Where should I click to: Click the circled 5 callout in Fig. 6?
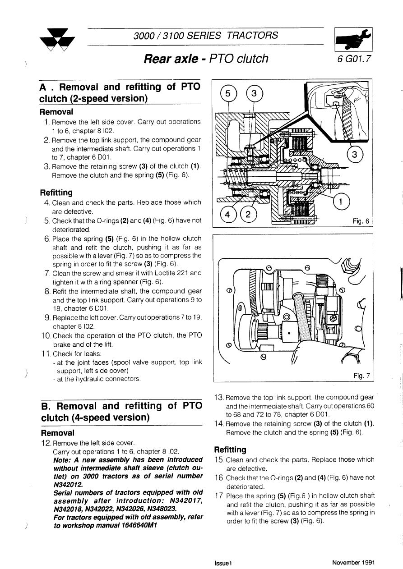pos(228,94)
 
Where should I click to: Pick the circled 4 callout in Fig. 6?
pos(227,214)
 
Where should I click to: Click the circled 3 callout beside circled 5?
pos(254,94)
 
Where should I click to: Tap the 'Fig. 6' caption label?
pos(361,221)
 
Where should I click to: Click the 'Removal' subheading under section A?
pos(56,112)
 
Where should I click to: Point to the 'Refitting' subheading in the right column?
pos(230,450)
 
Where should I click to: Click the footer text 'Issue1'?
pos(223,563)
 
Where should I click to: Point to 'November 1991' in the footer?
pos(353,562)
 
